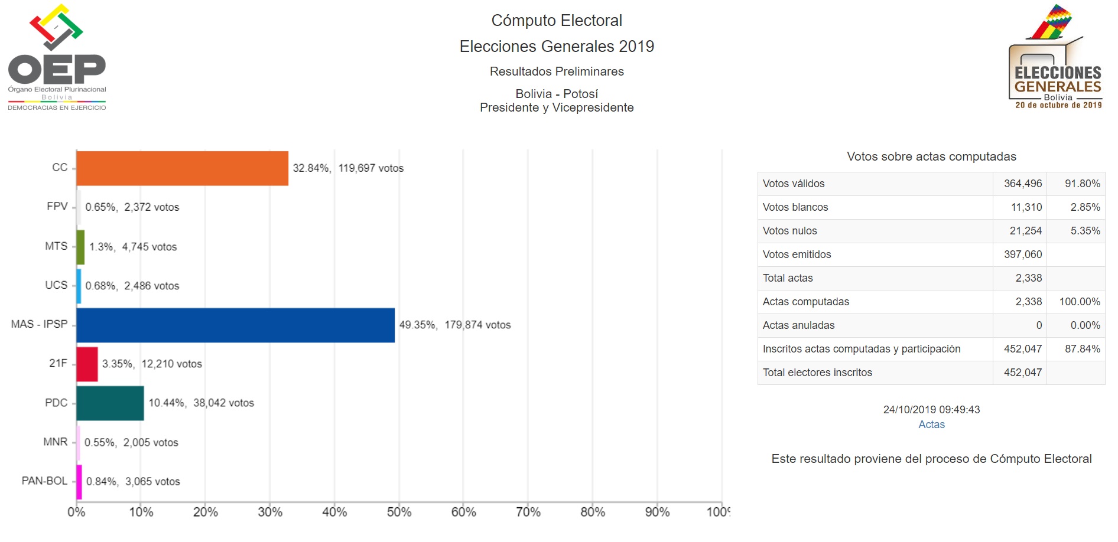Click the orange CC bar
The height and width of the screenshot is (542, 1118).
coord(182,168)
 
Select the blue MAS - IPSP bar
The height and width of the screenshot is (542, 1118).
coord(235,325)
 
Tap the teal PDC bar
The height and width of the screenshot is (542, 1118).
coord(110,403)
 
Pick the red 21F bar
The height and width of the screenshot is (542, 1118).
coord(87,364)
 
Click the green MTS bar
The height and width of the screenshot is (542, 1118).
coord(80,247)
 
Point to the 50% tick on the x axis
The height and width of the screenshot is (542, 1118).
coord(399,512)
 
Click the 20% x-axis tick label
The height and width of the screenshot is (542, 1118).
coord(205,512)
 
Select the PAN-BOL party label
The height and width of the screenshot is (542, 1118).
coord(44,481)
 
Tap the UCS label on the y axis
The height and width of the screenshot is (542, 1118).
coord(56,285)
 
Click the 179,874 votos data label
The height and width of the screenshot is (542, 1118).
coord(477,325)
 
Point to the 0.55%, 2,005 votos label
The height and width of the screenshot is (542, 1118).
coord(131,443)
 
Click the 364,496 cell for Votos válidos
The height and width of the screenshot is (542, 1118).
coord(1022,184)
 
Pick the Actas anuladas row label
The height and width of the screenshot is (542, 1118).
coord(798,325)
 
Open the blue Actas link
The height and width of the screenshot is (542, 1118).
coord(931,425)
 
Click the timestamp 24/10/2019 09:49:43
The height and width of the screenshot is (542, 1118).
coord(931,410)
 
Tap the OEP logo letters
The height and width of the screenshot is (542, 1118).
coord(57,70)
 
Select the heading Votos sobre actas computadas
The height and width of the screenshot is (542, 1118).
coord(931,156)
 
